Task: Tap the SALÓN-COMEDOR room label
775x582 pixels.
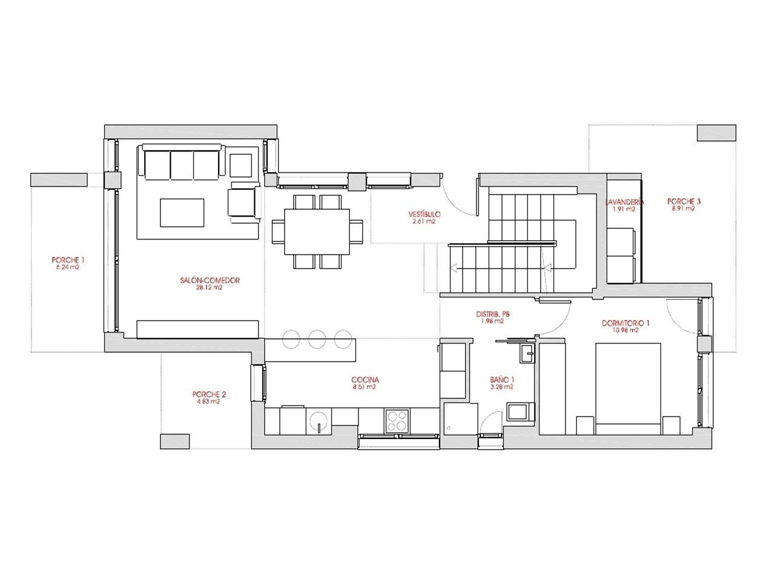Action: click(210, 280)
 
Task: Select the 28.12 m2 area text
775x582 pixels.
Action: click(210, 288)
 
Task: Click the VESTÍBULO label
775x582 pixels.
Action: click(424, 214)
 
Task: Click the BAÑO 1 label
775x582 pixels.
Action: click(502, 380)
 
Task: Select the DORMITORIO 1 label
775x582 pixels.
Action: click(625, 323)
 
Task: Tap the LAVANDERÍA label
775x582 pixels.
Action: click(624, 202)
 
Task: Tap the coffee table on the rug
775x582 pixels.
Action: click(182, 213)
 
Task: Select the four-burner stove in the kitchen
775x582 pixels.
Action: click(397, 421)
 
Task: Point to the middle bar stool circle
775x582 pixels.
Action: click(317, 338)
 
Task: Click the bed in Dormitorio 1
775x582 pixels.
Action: click(627, 388)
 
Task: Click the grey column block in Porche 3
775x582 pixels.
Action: click(716, 133)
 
